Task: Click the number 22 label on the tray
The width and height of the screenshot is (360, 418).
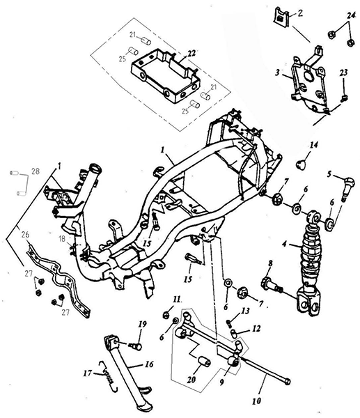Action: [x=191, y=54]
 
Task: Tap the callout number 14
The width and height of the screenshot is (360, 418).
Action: [x=313, y=146]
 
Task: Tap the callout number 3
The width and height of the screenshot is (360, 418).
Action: [x=277, y=72]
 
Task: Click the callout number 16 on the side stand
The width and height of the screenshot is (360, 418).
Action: [x=150, y=364]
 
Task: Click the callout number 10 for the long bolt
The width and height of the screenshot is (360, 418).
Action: [x=256, y=401]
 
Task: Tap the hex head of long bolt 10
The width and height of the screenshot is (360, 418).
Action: [x=287, y=382]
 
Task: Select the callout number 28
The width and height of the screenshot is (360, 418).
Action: [x=35, y=171]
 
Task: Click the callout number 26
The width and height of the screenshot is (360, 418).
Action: [x=25, y=235]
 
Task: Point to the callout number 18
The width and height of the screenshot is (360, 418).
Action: [x=62, y=238]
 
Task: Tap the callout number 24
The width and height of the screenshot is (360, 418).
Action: [x=351, y=16]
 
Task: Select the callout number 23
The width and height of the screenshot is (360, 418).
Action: [x=343, y=72]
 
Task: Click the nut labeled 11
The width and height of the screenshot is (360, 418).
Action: [x=166, y=315]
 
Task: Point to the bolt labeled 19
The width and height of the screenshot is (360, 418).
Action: [x=136, y=346]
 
